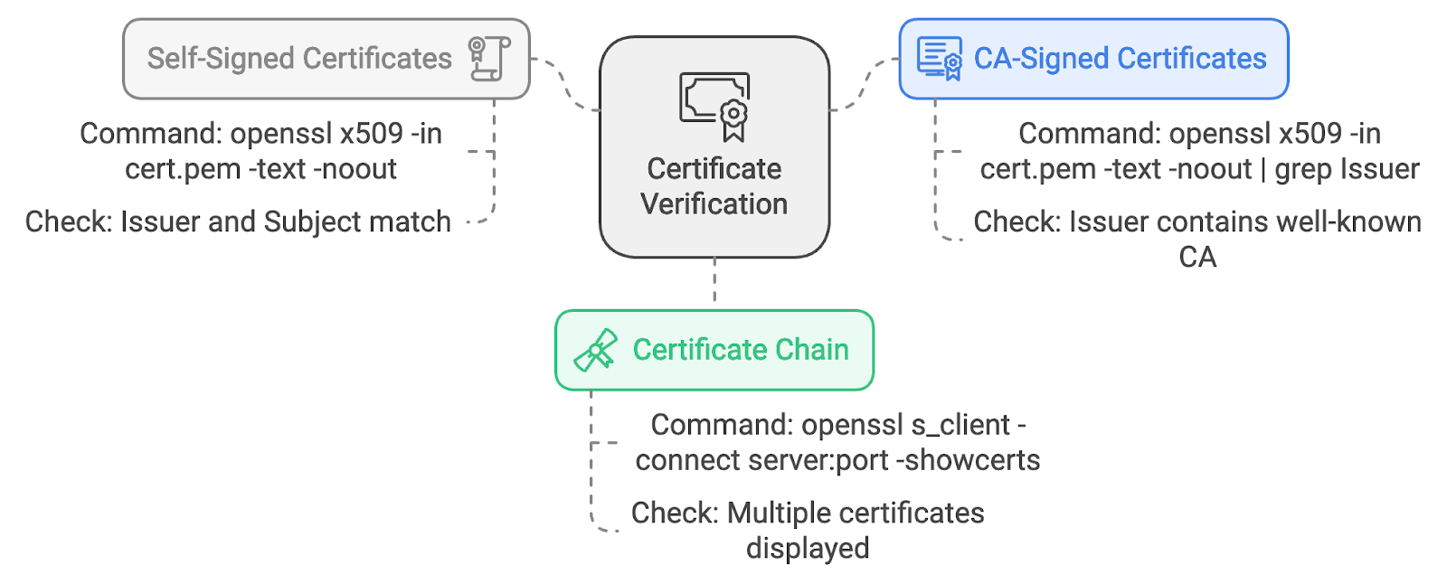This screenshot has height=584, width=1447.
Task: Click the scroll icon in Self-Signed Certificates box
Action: tap(489, 59)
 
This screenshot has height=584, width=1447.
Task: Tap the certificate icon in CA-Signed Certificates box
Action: tap(940, 59)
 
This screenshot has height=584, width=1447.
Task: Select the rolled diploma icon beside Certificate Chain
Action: tap(596, 350)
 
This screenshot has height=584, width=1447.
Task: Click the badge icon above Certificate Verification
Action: tap(714, 107)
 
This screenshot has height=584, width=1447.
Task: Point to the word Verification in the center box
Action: tap(714, 204)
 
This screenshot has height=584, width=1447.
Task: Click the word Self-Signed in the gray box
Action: tap(221, 59)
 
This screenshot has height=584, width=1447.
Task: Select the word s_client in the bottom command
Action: tap(961, 426)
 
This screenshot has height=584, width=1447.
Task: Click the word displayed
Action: tap(808, 549)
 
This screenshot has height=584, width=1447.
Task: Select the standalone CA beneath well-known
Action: tap(1197, 257)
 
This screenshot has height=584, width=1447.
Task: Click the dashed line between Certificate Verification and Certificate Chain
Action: tap(714, 279)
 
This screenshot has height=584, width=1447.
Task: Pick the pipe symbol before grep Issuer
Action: tap(1263, 170)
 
